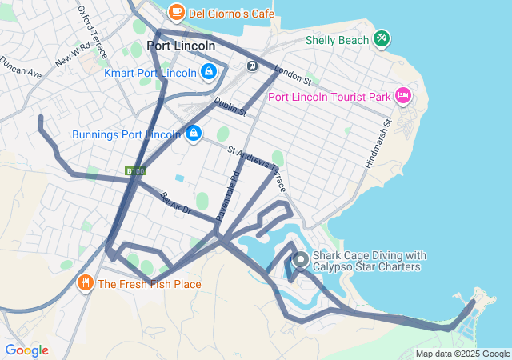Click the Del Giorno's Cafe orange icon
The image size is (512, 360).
176,12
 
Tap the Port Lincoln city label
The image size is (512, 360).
181,46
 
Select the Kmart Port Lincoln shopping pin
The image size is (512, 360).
208,73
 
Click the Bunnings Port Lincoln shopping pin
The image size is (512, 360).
193,134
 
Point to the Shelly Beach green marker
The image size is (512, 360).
382,38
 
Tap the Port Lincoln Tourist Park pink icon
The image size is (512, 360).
403,97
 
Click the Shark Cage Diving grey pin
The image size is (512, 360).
301,260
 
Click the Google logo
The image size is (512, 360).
26,350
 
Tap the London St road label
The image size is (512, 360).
291,74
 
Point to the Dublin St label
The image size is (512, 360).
230,107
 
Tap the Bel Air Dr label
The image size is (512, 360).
176,203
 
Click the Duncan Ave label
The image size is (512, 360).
20,66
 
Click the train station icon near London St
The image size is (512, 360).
252,66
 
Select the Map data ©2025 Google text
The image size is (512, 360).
462,353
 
